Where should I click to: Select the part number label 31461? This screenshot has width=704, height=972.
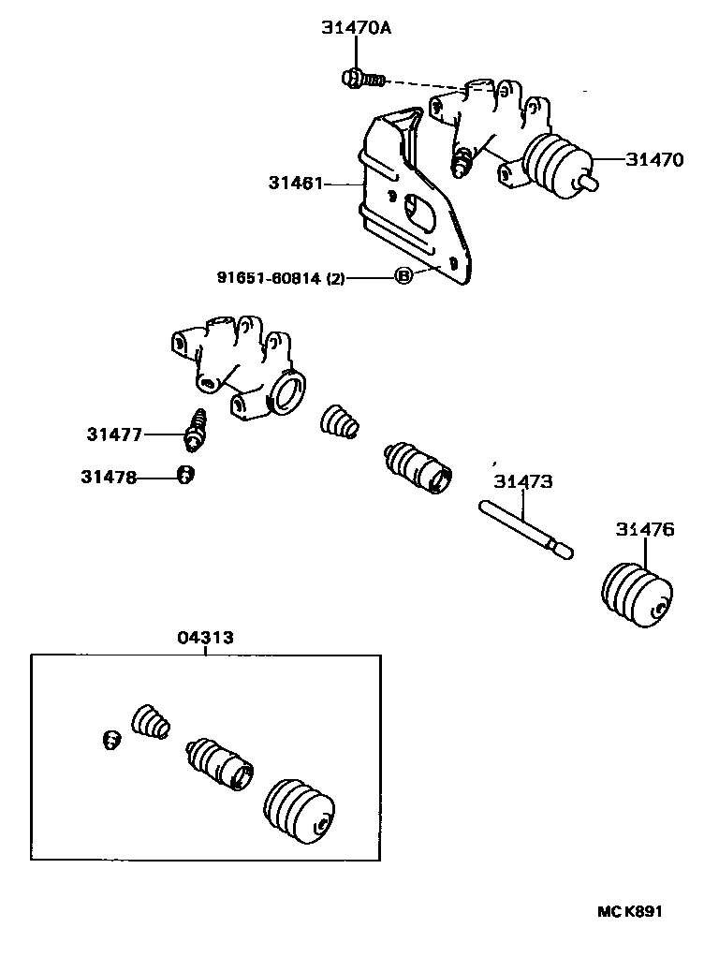[x=293, y=184]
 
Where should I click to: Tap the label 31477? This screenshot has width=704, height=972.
[x=114, y=434]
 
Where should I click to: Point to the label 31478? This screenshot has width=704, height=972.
[x=108, y=477]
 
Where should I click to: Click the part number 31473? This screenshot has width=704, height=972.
[x=523, y=482]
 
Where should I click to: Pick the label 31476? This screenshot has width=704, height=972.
[x=644, y=530]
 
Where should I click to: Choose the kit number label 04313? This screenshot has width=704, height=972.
[x=205, y=638]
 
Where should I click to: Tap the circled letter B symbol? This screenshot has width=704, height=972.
[x=403, y=276]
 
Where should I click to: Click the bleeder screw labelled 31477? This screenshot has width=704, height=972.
[x=198, y=429]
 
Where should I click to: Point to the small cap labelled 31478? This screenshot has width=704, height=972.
[x=185, y=476]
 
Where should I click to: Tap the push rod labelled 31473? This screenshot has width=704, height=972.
[x=525, y=530]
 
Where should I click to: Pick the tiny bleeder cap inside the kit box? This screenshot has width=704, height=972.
[x=110, y=740]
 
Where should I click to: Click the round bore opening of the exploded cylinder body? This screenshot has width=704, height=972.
[x=288, y=390]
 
